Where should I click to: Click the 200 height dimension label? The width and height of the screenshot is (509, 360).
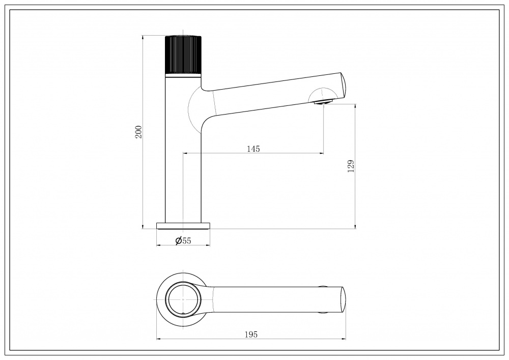(139, 132)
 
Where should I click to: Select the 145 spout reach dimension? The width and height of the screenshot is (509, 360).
(253, 149)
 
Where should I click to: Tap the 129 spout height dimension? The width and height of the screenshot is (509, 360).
(351, 166)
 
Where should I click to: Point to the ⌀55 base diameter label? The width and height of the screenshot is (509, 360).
(183, 240)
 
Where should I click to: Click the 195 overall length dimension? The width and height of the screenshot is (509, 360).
(251, 335)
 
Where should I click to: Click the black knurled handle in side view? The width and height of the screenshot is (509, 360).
(183, 54)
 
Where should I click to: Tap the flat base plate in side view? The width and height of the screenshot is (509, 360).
(183, 226)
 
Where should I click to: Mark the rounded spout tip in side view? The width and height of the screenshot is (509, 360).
(344, 85)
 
